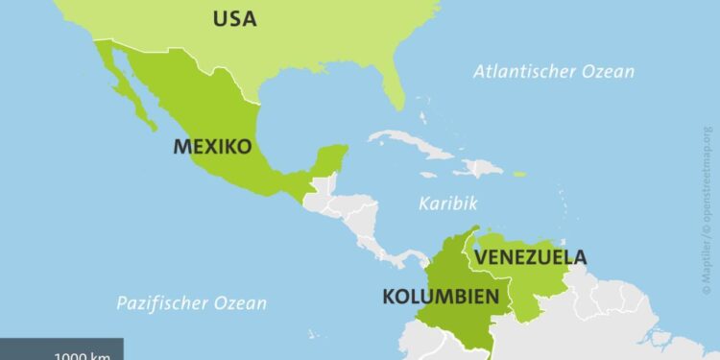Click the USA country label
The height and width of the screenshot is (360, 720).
pos(234,18)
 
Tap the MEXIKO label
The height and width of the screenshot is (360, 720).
pos(212,147)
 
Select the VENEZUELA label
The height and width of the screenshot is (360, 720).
pos(531,257)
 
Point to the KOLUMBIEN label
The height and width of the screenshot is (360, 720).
pos(441,297)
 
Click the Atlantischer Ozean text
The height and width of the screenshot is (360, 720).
pos(554,71)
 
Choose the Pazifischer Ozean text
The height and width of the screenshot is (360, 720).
pos(191,303)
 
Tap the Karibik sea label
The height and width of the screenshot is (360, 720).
pos(448,203)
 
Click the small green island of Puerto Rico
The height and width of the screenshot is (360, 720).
pos(518,174)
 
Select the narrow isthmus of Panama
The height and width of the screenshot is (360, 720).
pos(403,258)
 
